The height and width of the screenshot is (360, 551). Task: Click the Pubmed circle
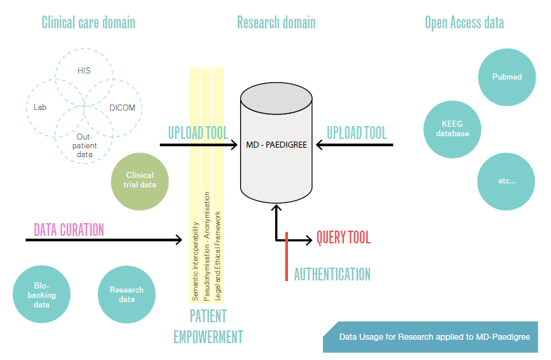coord(506,77)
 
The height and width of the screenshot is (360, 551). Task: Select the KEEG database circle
coord(453,129)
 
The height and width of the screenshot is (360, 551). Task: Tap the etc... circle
coord(506,181)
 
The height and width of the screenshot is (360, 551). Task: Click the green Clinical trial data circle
coord(140,181)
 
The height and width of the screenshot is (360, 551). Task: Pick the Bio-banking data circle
coord(41,295)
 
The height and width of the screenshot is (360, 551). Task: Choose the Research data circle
coord(127,295)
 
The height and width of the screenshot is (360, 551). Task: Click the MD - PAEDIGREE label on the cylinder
coord(277,145)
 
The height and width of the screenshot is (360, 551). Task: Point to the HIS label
coord(84,71)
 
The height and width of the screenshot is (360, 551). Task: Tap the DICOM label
coord(122,108)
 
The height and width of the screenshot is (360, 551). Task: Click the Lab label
coord(40,107)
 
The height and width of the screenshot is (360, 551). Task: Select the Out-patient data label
coord(84,146)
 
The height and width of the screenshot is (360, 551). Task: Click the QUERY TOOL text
coord(343,237)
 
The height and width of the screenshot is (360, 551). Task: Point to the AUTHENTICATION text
coord(332,274)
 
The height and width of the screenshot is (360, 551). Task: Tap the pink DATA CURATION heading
coord(69,230)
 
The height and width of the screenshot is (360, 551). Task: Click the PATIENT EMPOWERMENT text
coord(208,327)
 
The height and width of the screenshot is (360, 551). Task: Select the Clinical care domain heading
coord(88,22)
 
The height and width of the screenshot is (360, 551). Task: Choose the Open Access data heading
coord(464,23)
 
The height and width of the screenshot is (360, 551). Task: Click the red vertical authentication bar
coord(287,256)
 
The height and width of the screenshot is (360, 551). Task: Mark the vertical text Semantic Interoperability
coord(196,262)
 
